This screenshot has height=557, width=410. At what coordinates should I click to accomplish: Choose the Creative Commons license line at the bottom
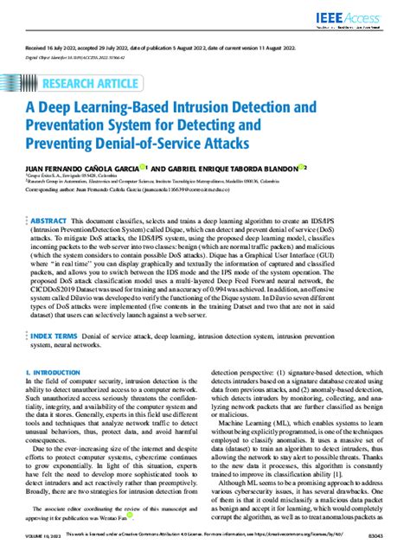(x=205, y=537)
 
